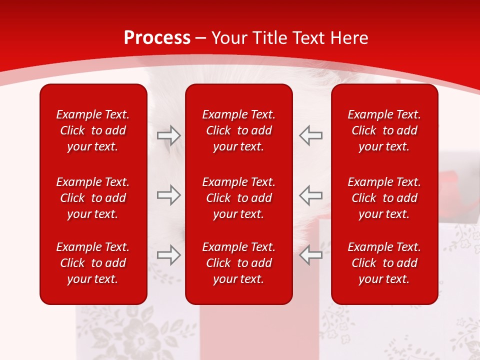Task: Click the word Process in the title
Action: click(157, 38)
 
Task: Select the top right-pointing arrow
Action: click(169, 135)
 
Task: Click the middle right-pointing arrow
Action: click(169, 195)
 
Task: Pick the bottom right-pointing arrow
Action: click(169, 255)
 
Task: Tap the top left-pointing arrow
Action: click(310, 135)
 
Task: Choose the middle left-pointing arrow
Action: click(310, 195)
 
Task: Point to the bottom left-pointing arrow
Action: click(310, 255)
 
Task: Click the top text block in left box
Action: click(93, 130)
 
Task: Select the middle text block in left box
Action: click(93, 198)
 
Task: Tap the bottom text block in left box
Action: click(93, 263)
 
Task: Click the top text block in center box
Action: click(238, 130)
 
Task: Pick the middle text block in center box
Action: click(238, 198)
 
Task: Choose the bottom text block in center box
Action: click(238, 263)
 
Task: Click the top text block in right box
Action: click(384, 130)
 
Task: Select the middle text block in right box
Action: click(384, 198)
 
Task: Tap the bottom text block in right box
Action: click(384, 263)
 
